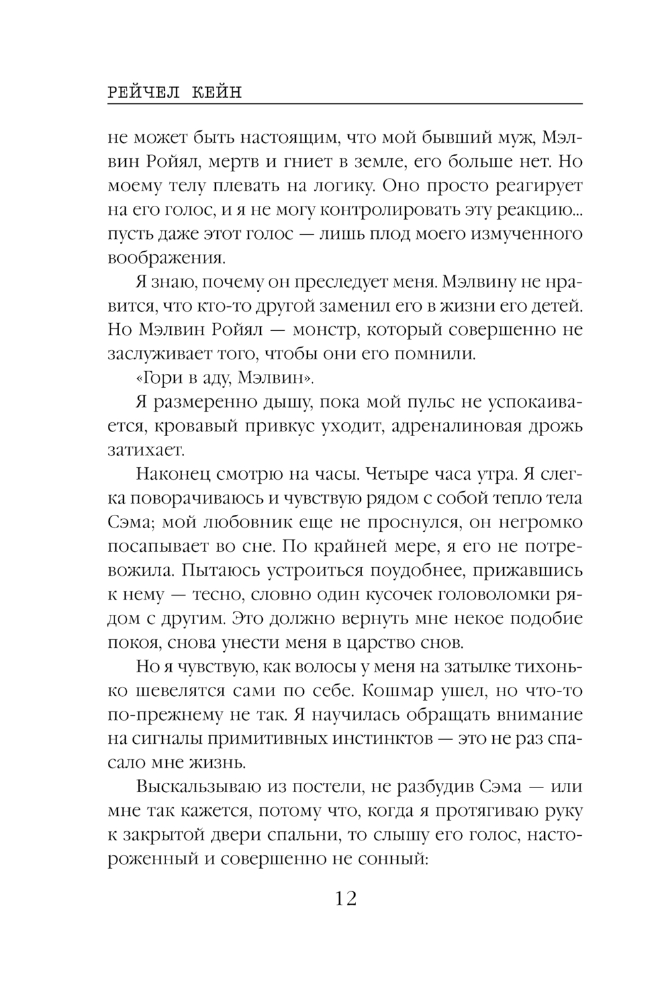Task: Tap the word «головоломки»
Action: coord(491,594)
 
